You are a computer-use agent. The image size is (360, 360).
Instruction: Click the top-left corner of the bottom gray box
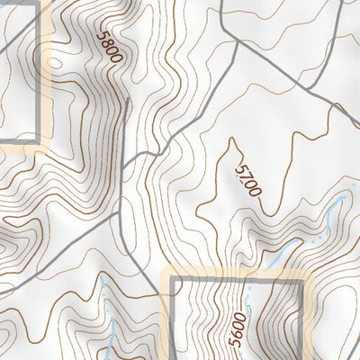173,280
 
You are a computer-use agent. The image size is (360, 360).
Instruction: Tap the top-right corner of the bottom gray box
300,280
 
